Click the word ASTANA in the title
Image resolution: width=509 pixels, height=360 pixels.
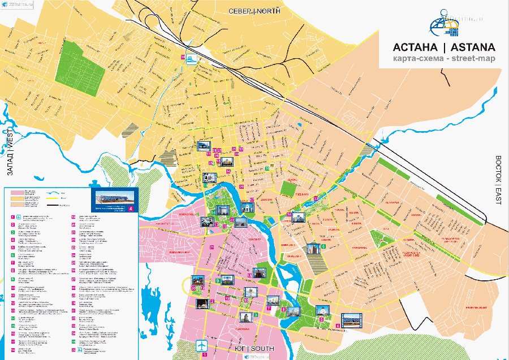pos(468,47)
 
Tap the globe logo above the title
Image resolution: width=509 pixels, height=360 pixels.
pos(443,23)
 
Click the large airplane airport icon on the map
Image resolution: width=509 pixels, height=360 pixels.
pos(201,346)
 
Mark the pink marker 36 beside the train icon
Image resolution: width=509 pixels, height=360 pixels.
pos(183,57)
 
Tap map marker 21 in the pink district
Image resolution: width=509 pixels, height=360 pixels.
pos(212,247)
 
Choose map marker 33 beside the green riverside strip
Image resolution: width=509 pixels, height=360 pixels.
pos(316,198)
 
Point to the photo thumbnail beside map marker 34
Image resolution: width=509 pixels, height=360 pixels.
pos(297,216)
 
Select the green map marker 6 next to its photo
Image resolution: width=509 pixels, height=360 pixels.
pos(323,246)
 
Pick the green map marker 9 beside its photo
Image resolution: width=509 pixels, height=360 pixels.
pos(218,280)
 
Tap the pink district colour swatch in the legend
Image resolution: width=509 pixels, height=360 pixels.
pos(18,192)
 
